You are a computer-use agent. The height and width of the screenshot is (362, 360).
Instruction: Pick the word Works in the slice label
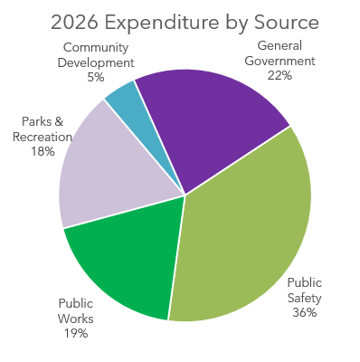pyautogui.click(x=75, y=318)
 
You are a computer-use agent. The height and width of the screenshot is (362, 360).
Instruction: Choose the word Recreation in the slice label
pyautogui.click(x=43, y=137)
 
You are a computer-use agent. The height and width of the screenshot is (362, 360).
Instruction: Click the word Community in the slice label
pyautogui.click(x=97, y=48)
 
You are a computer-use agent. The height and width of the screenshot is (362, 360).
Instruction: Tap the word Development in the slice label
pyautogui.click(x=97, y=63)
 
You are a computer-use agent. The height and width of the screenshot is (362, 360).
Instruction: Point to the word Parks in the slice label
pyautogui.click(x=33, y=121)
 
